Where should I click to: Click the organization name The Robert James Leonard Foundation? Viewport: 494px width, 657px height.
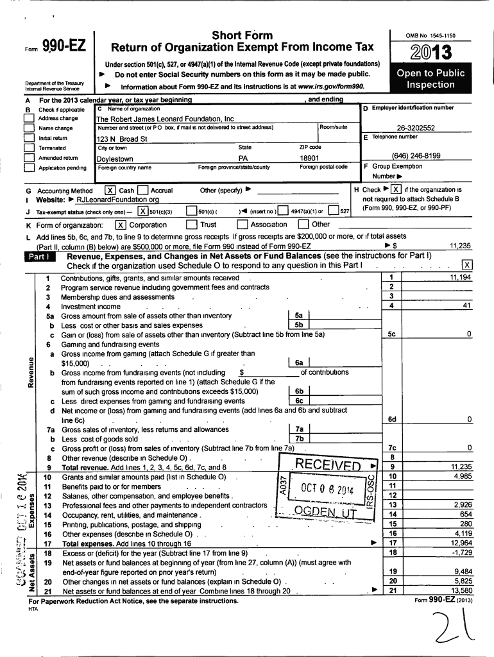(x=165, y=119)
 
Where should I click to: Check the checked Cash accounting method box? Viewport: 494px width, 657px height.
(x=110, y=191)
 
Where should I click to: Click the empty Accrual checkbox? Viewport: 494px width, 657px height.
(x=142, y=191)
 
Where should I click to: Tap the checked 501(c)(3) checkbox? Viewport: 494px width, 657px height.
(x=142, y=211)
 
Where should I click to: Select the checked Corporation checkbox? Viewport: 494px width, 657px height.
(x=120, y=225)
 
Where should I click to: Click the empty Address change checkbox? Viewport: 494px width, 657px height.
(x=28, y=119)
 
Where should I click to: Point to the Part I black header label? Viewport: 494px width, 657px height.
(x=44, y=257)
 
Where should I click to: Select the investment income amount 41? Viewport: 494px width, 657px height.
(x=466, y=305)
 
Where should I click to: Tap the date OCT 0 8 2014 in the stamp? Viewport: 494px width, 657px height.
(x=327, y=490)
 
